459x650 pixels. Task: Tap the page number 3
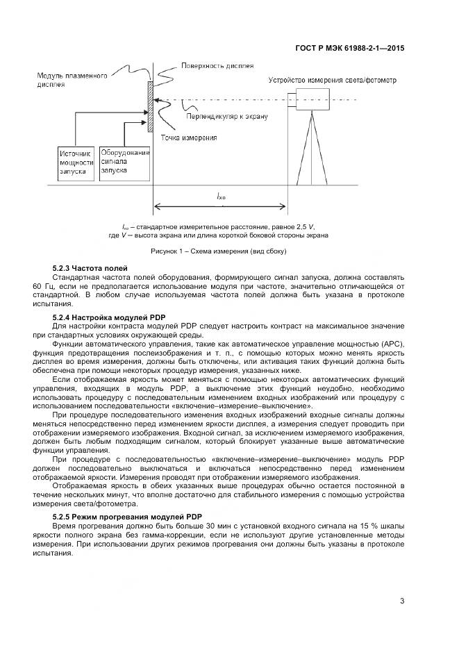(402, 601)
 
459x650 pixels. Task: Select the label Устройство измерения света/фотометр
(333, 80)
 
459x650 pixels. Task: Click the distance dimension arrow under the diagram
(220, 206)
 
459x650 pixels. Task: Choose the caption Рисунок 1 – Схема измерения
(219, 251)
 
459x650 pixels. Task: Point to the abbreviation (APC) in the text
(389, 344)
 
